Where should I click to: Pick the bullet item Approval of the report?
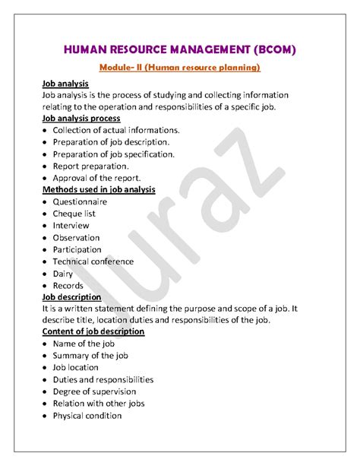[x=96, y=178]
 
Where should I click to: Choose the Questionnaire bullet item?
[x=80, y=202]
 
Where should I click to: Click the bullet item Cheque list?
[x=74, y=214]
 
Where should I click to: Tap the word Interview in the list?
[x=71, y=226]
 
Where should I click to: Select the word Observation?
[x=77, y=237]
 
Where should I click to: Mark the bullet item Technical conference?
[x=93, y=262]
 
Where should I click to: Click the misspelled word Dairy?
[x=63, y=273]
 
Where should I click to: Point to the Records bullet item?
[x=68, y=285]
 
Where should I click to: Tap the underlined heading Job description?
[x=72, y=296]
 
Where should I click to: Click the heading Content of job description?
[x=93, y=331]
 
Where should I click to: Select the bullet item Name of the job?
[x=84, y=344]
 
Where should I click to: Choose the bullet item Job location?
[x=77, y=368]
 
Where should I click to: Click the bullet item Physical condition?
[x=87, y=416]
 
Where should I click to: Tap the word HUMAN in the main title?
[x=89, y=51]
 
